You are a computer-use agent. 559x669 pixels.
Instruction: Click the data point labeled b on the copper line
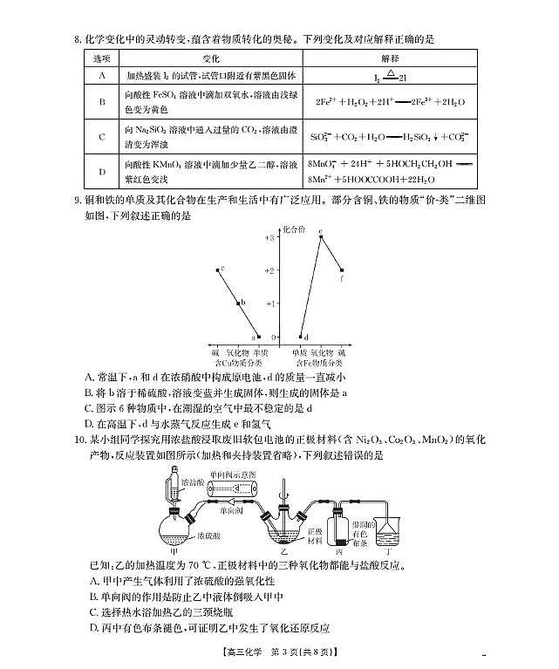coord(238,304)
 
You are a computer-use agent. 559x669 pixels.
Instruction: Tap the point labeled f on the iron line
coord(341,270)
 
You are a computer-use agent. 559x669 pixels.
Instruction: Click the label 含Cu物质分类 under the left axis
coord(238,360)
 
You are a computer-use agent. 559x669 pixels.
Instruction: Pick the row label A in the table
coord(102,77)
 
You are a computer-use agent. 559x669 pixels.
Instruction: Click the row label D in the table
coord(102,169)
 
